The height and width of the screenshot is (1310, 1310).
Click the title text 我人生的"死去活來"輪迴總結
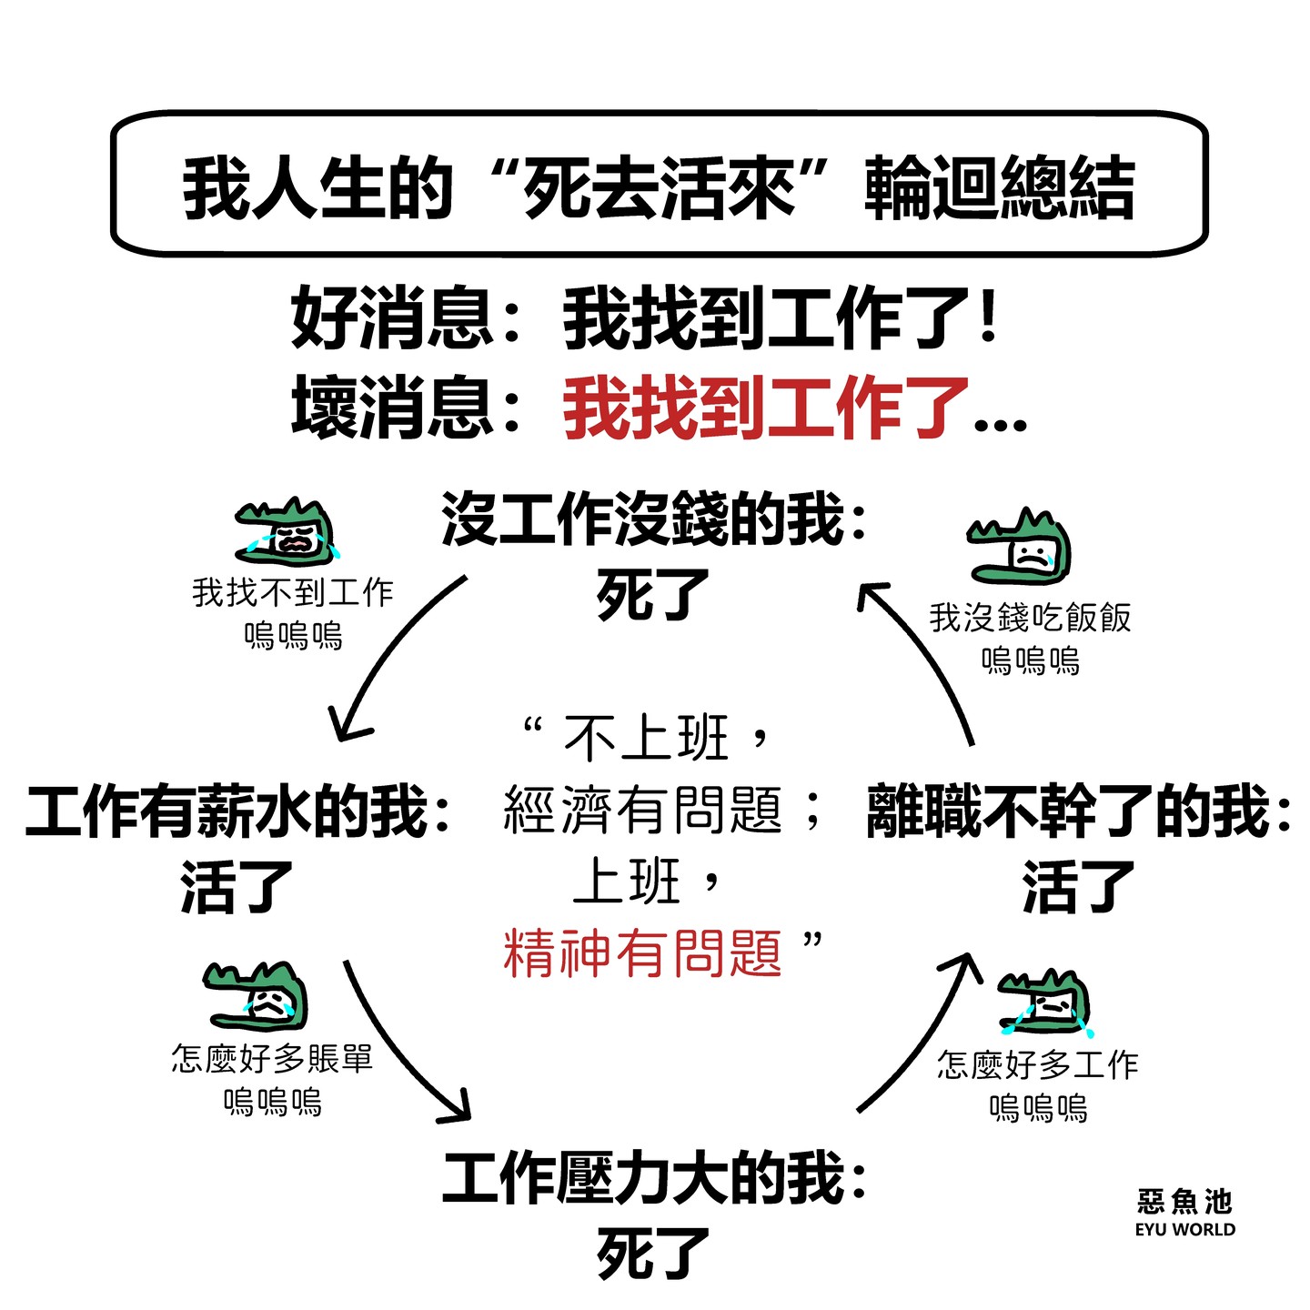(x=659, y=187)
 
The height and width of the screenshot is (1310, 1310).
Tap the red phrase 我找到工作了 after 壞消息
(x=766, y=409)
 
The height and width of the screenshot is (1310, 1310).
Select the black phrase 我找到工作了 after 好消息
(x=766, y=318)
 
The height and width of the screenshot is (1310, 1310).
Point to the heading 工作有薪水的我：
(x=238, y=812)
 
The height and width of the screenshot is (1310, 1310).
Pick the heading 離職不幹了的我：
(x=1079, y=812)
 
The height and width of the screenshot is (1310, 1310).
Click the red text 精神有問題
(x=642, y=953)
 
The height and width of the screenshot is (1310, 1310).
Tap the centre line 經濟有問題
(x=642, y=811)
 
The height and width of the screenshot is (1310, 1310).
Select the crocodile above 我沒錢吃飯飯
(x=1021, y=547)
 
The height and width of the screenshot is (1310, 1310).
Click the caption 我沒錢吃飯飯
(x=1030, y=618)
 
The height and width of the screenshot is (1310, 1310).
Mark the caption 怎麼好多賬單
(x=272, y=1059)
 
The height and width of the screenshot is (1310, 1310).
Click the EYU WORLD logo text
(x=1184, y=1229)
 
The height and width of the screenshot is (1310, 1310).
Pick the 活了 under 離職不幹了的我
(x=1079, y=887)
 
